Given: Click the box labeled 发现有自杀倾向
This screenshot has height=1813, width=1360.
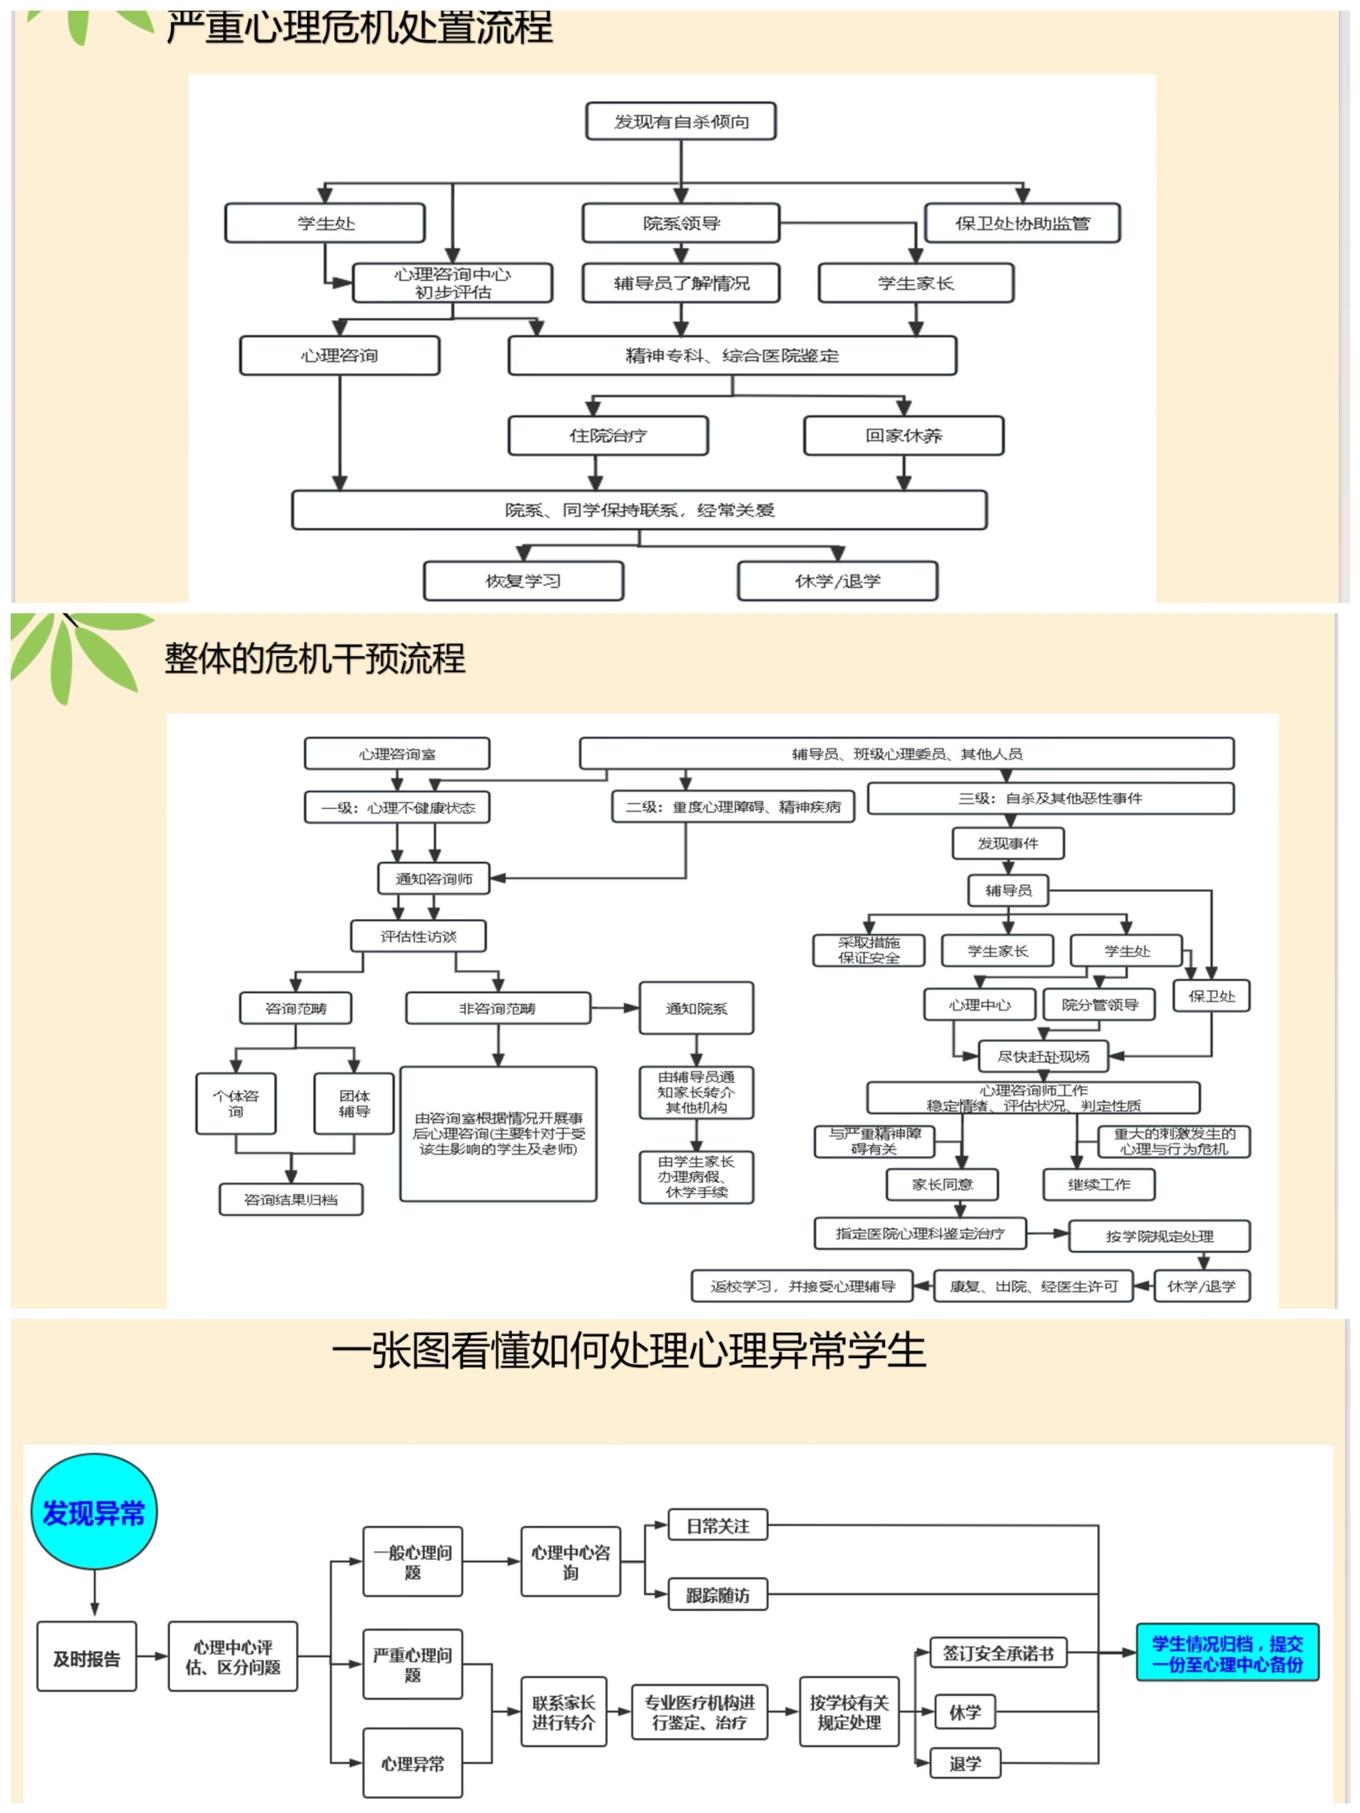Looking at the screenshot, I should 681,122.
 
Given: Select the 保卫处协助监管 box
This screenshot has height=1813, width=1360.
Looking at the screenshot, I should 1021,223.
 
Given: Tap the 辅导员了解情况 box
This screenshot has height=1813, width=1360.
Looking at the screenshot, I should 681,283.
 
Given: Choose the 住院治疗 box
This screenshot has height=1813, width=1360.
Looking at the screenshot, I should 608,435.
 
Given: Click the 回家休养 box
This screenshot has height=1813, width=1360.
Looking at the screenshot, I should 903,435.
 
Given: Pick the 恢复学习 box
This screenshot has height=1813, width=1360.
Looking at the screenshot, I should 523,580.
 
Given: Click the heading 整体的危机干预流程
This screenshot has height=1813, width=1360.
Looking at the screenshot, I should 315,658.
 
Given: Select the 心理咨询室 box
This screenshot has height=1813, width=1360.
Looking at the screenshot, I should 396,753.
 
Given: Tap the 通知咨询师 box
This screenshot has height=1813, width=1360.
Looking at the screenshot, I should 434,879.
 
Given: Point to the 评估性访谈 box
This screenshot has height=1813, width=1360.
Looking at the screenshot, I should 418,936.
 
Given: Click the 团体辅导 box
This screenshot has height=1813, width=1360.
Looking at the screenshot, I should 354,1103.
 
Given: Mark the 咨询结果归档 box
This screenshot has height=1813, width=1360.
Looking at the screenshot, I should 290,1199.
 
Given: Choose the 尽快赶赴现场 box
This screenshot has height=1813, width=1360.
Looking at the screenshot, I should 1043,1057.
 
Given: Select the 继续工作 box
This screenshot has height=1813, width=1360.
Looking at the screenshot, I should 1098,1184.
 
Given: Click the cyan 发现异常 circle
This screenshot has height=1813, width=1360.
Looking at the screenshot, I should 94,1512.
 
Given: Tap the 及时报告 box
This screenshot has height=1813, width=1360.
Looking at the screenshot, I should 86,1659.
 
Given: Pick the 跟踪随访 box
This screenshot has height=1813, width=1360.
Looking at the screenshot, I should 717,1595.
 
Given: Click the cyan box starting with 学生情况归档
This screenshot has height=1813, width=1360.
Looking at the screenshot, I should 1227,1653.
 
